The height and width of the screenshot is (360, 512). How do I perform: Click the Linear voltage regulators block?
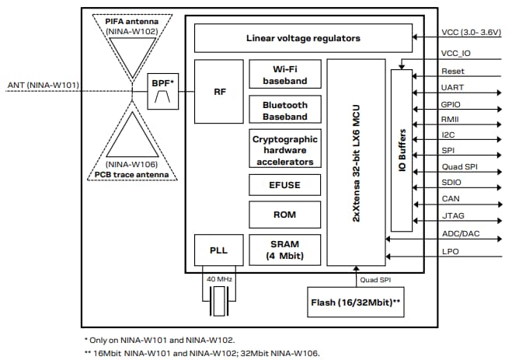pos(303,37)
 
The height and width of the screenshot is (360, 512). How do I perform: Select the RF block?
pos(219,91)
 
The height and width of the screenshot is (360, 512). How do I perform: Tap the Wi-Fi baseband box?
pos(285,75)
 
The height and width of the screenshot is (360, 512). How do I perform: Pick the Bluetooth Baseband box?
pos(285,110)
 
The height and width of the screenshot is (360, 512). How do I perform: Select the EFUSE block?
pos(285,185)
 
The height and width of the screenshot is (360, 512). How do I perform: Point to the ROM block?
pos(285,214)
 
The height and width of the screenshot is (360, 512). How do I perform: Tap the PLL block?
pos(218,251)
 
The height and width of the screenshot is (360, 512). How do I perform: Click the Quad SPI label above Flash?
pos(375,278)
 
